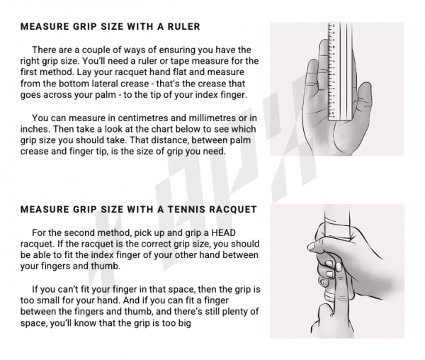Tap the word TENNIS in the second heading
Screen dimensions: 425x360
[186, 210]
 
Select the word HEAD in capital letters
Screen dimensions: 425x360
[223, 233]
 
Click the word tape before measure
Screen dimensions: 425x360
[200, 61]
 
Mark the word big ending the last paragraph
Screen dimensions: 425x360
[185, 323]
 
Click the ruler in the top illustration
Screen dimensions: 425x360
[340, 71]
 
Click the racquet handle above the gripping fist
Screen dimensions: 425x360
[336, 218]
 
